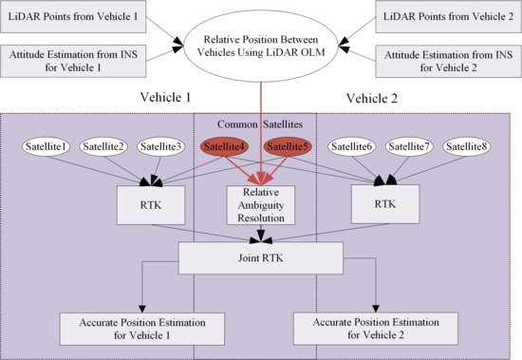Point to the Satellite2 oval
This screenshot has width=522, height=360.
point(104,146)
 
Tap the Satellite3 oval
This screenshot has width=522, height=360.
point(160,146)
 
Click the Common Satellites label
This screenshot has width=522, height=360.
point(256,123)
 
